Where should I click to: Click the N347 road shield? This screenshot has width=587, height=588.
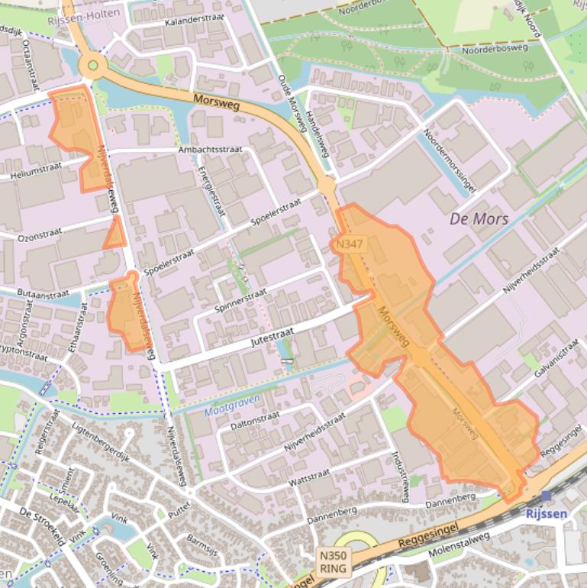click(350, 244)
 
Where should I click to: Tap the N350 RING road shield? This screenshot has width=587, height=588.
click(334, 562)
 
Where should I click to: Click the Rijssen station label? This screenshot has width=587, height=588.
click(547, 513)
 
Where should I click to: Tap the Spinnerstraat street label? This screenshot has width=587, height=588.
click(241, 301)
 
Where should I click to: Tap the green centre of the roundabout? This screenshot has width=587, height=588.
click(93, 66)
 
